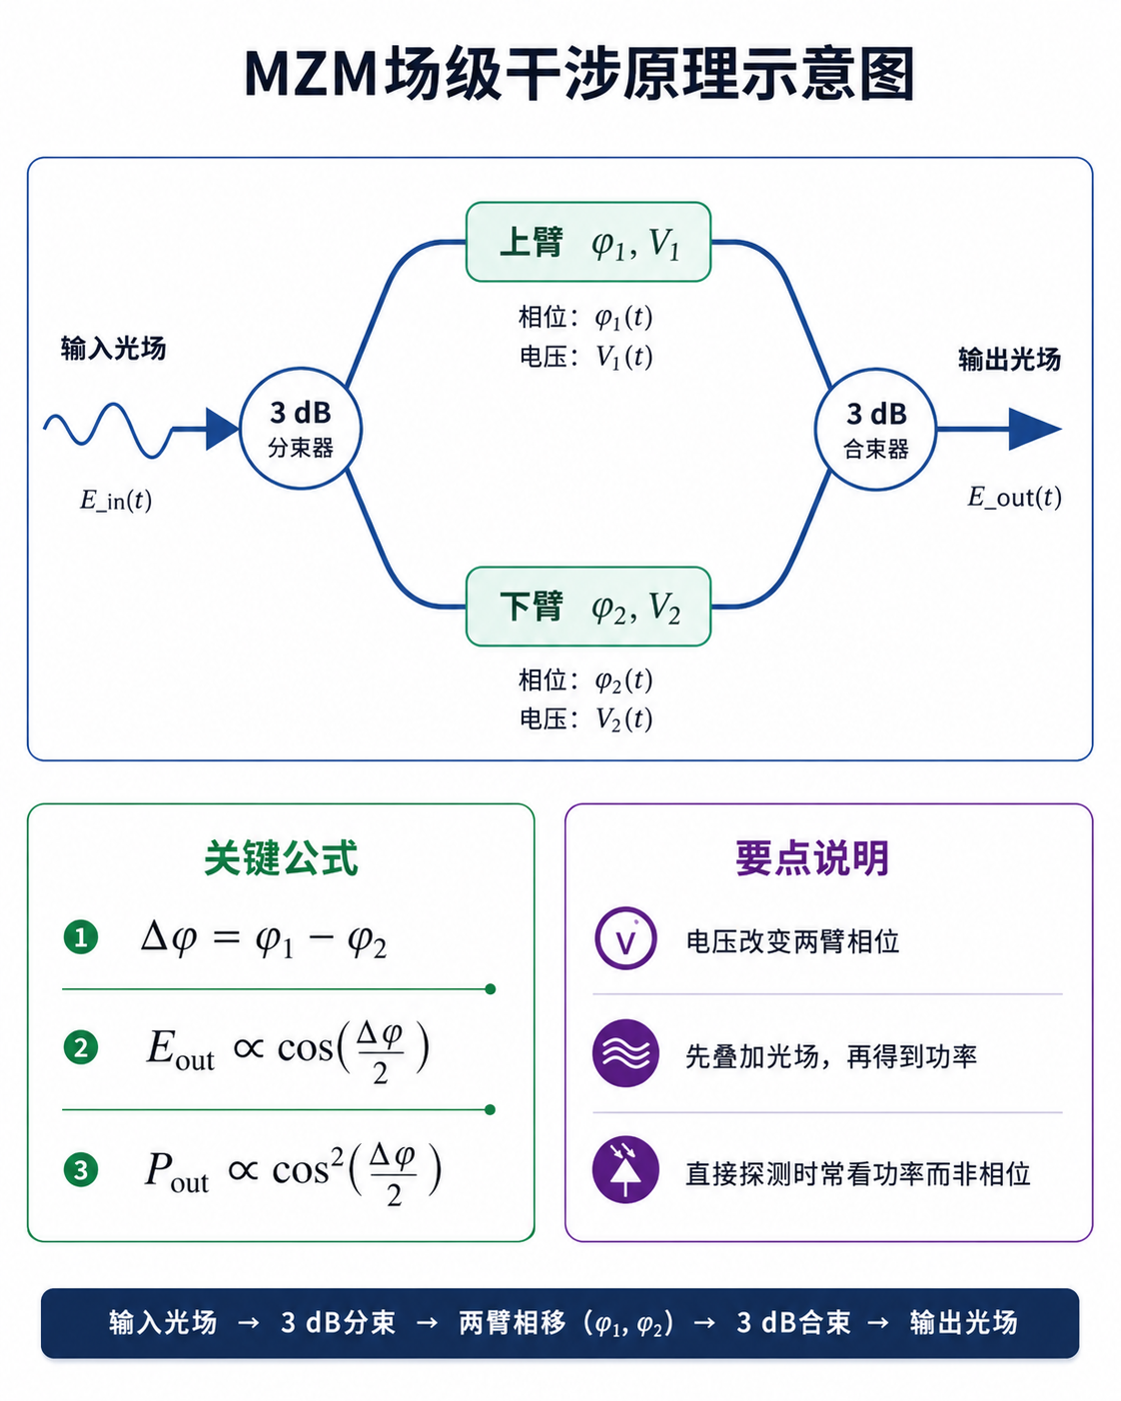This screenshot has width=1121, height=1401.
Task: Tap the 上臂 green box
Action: (588, 242)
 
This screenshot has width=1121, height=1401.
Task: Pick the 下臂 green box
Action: (588, 607)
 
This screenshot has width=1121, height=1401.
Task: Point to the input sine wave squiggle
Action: (108, 431)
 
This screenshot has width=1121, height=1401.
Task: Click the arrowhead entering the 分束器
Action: (223, 429)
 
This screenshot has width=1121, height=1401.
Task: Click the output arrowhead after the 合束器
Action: (1035, 429)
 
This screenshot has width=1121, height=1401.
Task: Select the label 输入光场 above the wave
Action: (113, 349)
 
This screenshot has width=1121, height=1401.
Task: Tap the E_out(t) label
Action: (1014, 498)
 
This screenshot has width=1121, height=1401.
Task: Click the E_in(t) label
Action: (116, 500)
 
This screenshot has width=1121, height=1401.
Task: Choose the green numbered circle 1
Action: (81, 937)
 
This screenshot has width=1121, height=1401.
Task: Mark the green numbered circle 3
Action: (81, 1170)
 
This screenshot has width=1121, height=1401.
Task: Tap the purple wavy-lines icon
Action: (625, 1053)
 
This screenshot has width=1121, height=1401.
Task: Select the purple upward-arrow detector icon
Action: (625, 1169)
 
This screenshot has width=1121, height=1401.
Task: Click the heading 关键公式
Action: (281, 858)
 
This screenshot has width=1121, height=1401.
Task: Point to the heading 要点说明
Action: (812, 858)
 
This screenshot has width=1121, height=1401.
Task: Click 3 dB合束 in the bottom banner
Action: (793, 1323)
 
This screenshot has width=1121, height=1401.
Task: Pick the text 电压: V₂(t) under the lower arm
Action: (585, 718)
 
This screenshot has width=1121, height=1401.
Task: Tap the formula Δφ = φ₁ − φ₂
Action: (265, 938)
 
